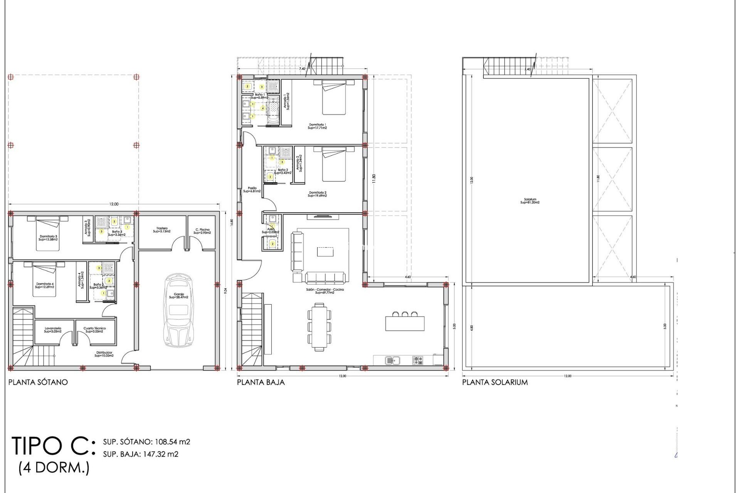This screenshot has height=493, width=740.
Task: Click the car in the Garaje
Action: pos(178,311)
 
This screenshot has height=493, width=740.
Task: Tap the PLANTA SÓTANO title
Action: pos(38,382)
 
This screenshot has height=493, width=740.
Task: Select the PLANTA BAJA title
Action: pos(261,382)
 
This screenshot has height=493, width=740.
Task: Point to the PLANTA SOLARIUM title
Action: pos(495,382)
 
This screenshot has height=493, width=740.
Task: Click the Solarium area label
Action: pos(530,201)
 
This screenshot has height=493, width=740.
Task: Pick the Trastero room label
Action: pos(162,230)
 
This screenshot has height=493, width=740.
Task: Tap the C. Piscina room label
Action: pos(202,231)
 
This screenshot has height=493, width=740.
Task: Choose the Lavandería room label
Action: pos(53,330)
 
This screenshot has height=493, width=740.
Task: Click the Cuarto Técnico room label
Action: pos(94,330)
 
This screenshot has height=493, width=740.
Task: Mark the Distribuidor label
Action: pos(104,354)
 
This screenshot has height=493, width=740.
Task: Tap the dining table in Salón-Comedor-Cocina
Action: pos(319,327)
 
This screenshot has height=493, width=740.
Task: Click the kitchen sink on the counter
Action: pos(392,361)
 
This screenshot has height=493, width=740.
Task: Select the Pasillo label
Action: pos(252,189)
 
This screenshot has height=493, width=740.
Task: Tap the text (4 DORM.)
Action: pos(54,468)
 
